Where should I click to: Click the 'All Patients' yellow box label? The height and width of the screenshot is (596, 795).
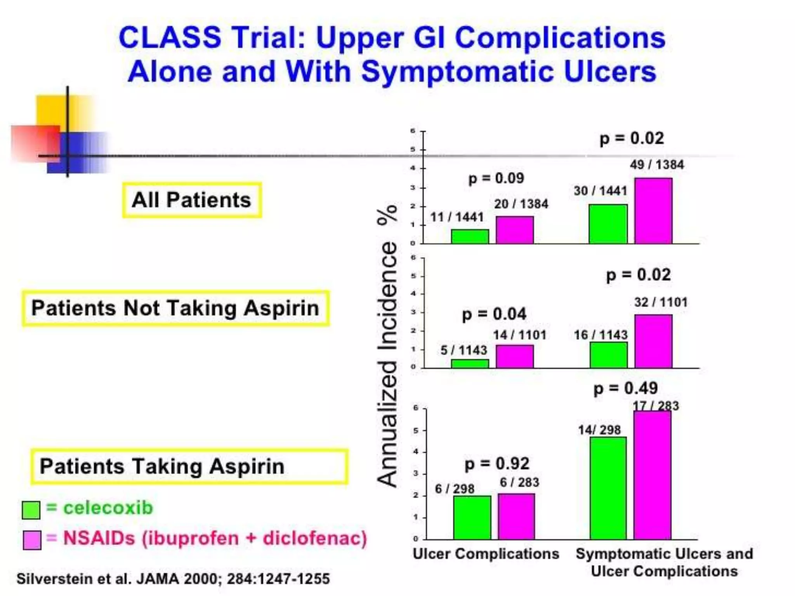coord(192,200)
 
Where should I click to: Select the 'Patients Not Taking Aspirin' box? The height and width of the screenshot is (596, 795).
coord(175,308)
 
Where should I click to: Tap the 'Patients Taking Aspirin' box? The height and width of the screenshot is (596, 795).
coord(189,466)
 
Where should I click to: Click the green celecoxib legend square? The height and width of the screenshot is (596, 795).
coord(31,510)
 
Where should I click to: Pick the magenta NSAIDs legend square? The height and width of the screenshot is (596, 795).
coord(32,540)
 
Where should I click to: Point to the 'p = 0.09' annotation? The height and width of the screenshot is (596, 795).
coord(496,178)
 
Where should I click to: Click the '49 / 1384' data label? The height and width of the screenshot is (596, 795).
coord(657,165)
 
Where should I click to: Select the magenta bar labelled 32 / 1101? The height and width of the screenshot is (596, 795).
coord(653,341)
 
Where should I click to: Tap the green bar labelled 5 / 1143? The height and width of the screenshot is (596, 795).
coord(470,364)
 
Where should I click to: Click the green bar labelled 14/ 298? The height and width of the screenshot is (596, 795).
coord(608,488)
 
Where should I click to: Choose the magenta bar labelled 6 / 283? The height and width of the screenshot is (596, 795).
coord(516,516)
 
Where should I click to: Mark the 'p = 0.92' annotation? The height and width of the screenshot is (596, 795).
coord(497,464)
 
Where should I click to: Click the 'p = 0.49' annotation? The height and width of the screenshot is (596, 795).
coord(625,388)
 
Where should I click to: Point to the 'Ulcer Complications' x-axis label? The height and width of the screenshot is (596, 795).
coord(486,554)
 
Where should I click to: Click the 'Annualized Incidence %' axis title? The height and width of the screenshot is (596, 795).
coord(387,345)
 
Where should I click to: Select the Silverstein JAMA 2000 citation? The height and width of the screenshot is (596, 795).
coord(173,579)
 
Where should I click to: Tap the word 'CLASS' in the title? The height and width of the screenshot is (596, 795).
coord(170,38)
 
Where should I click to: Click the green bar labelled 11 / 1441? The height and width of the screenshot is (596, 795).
coord(470,236)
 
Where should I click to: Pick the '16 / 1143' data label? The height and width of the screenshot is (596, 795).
coord(601,335)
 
